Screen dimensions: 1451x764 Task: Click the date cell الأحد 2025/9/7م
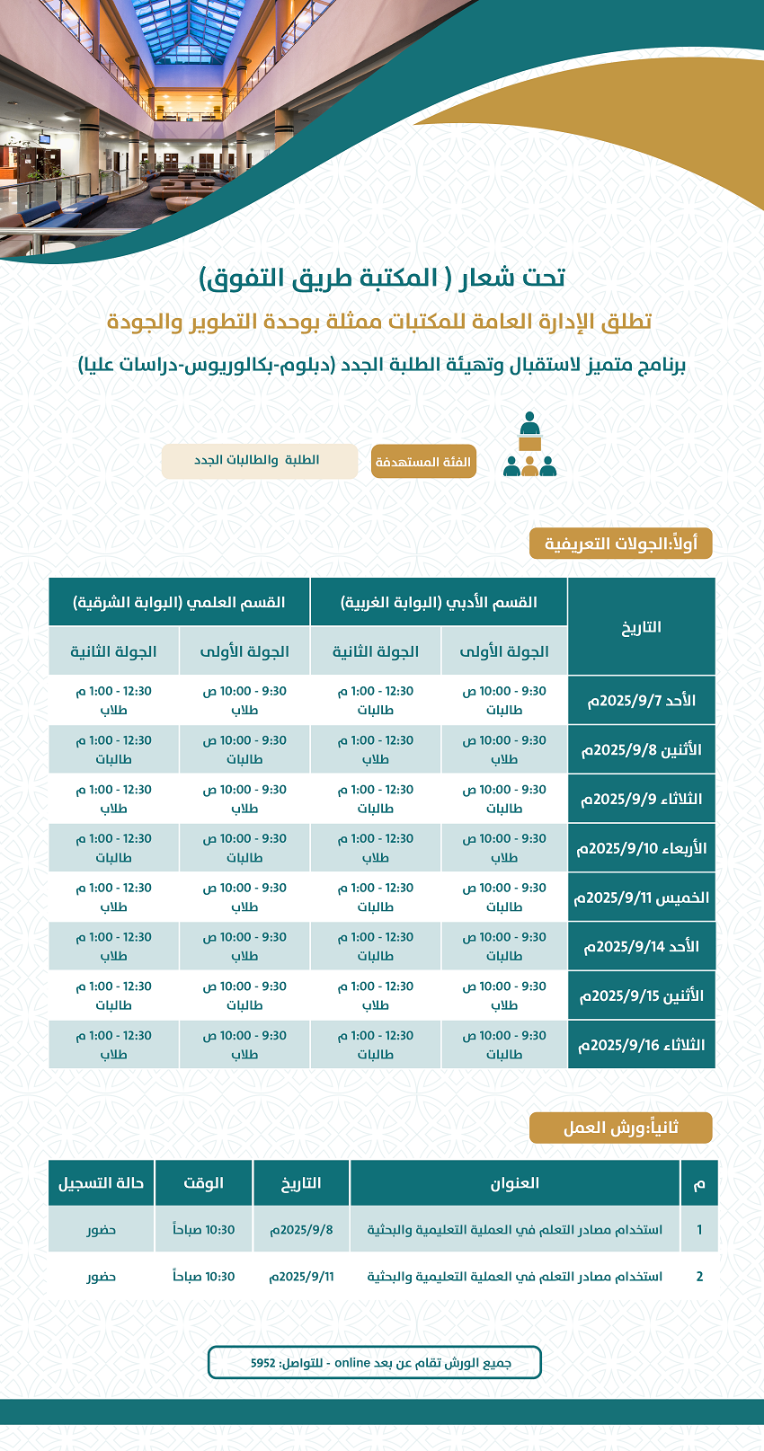[x=642, y=701]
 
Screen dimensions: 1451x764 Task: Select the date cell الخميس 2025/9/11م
[x=642, y=898]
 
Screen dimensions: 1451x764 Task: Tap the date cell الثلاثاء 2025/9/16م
[x=642, y=1045]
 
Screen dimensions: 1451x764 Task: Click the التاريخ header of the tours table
[x=642, y=627]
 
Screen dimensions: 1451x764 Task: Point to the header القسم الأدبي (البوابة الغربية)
[x=439, y=602]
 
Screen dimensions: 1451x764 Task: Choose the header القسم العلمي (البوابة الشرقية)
[x=179, y=602]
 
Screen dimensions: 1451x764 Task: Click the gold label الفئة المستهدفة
[x=423, y=462]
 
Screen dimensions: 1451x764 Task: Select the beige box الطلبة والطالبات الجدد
[x=259, y=461]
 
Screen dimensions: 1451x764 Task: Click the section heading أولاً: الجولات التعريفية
[x=621, y=544]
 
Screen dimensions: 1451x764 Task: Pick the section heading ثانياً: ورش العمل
[x=620, y=1128]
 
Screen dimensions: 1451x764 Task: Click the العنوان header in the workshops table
[x=514, y=1183]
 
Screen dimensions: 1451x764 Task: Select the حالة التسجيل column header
[x=102, y=1183]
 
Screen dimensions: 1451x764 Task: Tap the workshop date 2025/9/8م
[x=301, y=1229]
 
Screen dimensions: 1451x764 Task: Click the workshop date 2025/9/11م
[x=301, y=1276]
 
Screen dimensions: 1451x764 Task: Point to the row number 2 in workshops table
[x=699, y=1276]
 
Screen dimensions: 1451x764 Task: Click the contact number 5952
[x=263, y=1363]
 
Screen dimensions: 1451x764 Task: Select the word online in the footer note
[x=352, y=1363]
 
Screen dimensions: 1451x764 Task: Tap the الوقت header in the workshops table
[x=203, y=1183]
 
